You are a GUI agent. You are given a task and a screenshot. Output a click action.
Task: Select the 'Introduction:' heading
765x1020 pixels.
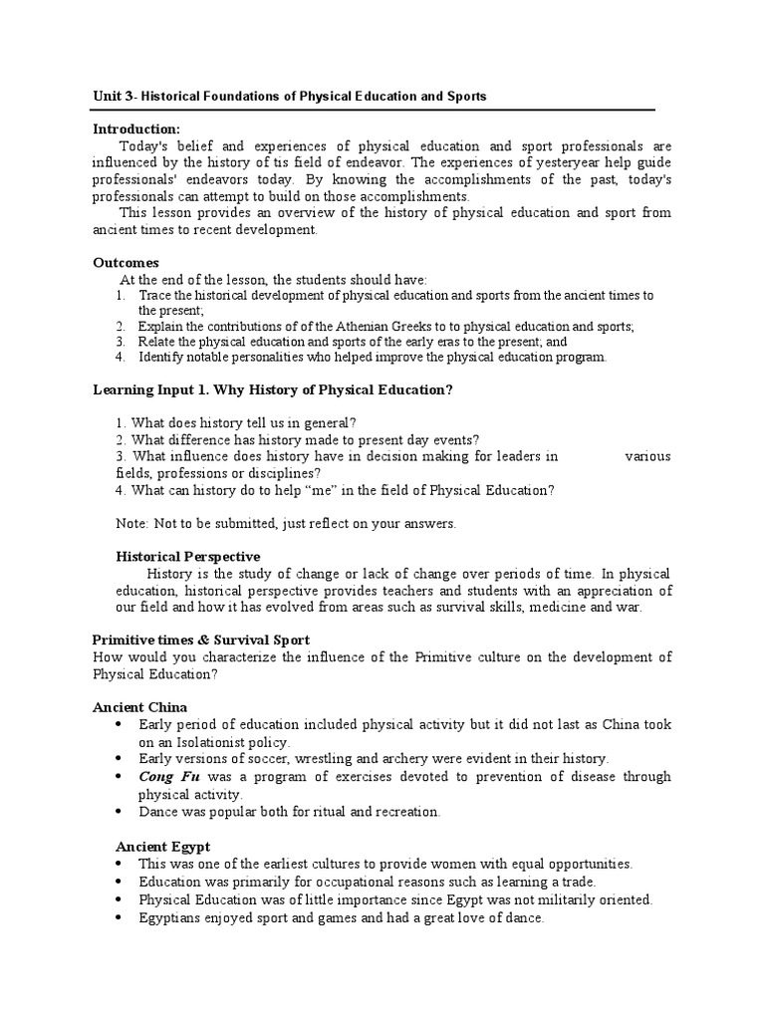tap(136, 129)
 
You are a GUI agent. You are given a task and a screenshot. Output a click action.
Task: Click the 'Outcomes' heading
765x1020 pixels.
tap(126, 263)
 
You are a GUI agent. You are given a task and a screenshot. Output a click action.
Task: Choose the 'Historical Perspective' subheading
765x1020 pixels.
tap(188, 556)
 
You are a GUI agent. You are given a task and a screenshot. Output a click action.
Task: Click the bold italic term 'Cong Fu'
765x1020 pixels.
tap(167, 776)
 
